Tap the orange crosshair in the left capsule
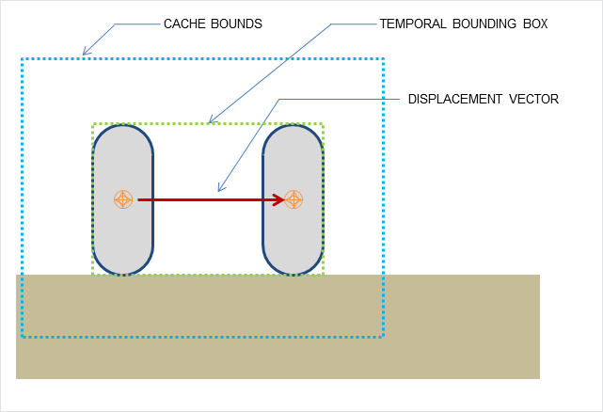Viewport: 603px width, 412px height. pos(123,199)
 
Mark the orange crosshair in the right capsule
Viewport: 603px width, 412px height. pos(294,199)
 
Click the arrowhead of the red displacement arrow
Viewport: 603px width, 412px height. pos(279,199)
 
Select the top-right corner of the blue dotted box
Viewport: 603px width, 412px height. pos(384,59)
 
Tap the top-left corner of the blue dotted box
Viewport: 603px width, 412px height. pos(22,59)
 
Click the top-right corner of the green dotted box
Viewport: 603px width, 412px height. pos(324,123)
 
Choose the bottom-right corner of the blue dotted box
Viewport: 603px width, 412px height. pos(384,337)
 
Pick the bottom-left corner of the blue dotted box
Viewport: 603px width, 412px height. pos(22,337)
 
